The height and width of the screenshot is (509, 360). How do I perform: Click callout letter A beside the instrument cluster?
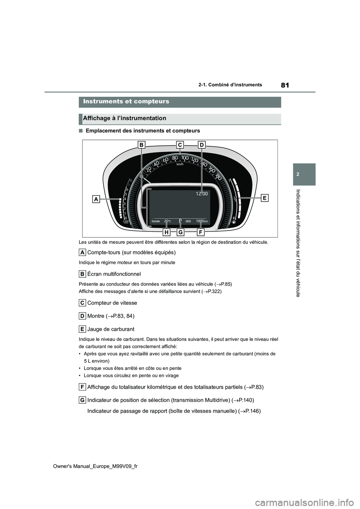tap(96, 200)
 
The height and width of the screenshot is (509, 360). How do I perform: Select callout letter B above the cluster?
tap(142, 145)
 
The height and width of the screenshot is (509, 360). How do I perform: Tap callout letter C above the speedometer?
tap(180, 145)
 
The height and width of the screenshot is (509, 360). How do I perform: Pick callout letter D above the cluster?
tap(201, 145)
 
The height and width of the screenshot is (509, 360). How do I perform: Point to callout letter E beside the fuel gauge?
tap(264, 198)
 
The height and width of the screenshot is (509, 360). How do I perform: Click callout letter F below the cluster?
tap(201, 232)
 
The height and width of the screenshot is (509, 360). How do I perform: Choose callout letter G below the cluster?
tap(180, 232)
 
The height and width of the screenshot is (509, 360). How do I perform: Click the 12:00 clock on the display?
tap(201, 193)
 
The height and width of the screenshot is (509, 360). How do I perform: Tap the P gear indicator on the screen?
tap(180, 221)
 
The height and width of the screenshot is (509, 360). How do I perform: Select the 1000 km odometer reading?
tap(202, 221)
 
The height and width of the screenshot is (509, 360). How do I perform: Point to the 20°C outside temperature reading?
tap(167, 221)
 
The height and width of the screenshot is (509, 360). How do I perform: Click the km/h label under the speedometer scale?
tap(180, 164)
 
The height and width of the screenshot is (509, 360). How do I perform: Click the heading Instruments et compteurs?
tap(126, 102)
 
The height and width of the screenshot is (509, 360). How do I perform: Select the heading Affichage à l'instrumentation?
tap(125, 118)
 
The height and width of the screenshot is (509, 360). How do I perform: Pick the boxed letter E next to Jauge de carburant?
tap(82, 329)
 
